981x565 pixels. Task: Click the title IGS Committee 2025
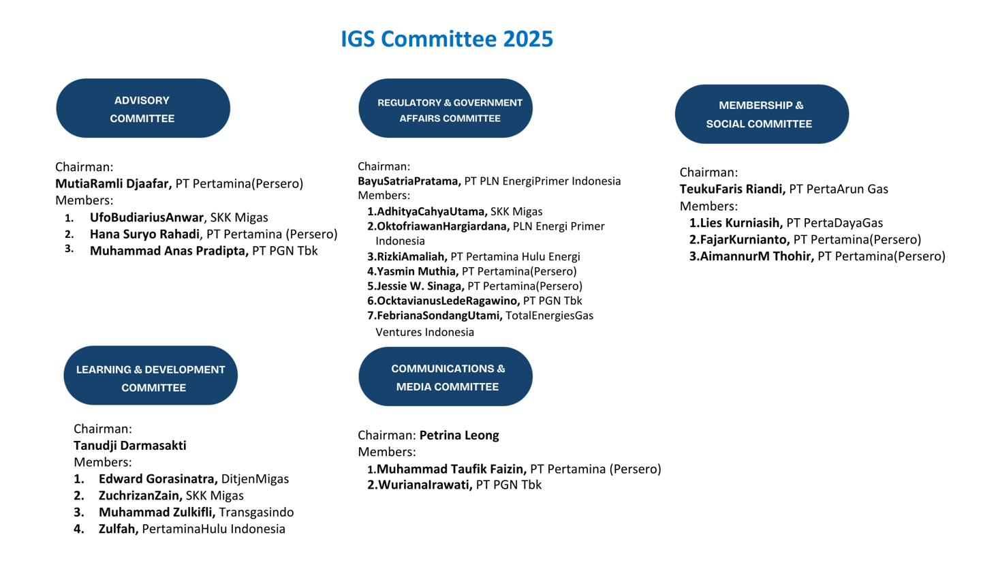[x=447, y=39]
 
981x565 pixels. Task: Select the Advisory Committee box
[x=143, y=109]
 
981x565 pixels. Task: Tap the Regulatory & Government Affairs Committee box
[x=446, y=109]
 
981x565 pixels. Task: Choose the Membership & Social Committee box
[x=762, y=114]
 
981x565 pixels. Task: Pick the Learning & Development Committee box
[x=151, y=378]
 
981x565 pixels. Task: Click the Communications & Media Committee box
[x=446, y=377]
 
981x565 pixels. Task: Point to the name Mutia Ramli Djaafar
[x=114, y=183]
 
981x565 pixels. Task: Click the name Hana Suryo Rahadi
[x=145, y=234]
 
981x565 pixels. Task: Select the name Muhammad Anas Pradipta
[x=169, y=250]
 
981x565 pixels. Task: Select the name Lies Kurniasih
[x=735, y=223]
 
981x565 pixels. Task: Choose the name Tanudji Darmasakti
[x=130, y=446]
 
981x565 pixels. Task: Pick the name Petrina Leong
[x=459, y=435]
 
